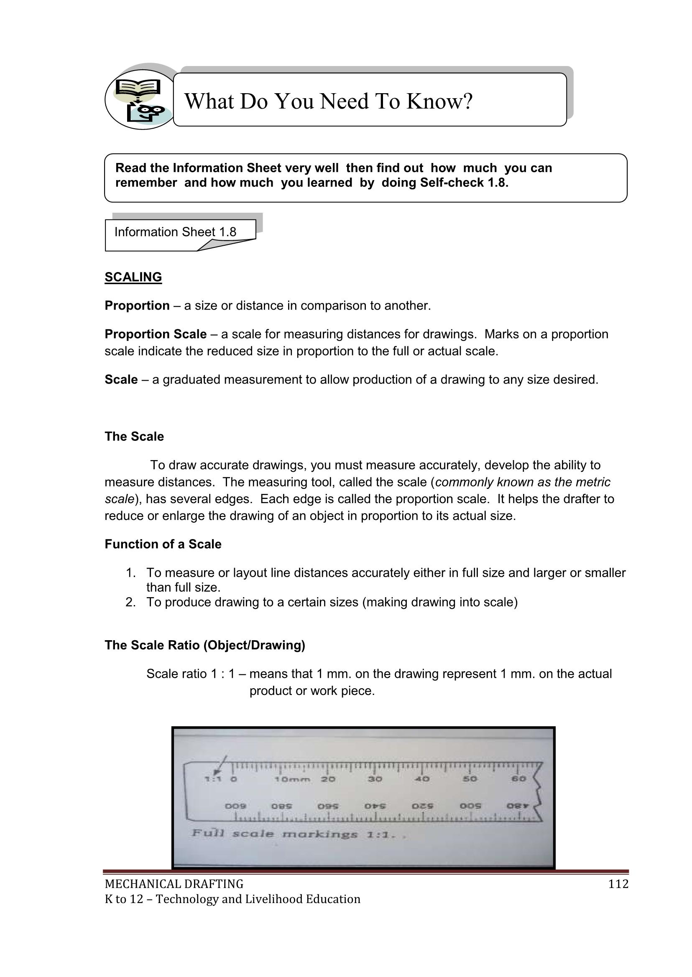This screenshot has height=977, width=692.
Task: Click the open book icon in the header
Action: (138, 87)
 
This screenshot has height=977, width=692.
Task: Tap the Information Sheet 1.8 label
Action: (175, 232)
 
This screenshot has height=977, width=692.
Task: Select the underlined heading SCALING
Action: (133, 277)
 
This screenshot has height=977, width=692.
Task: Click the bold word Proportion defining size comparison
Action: (137, 306)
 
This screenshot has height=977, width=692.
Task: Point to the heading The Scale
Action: (134, 437)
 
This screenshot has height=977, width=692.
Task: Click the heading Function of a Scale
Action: (163, 544)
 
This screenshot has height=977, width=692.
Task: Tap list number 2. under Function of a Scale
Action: (130, 602)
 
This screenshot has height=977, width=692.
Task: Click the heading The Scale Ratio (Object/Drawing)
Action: (205, 645)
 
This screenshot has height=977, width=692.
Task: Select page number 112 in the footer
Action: (618, 885)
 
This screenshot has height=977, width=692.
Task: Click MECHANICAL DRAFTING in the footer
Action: (174, 885)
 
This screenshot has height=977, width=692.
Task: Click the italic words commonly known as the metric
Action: (523, 482)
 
